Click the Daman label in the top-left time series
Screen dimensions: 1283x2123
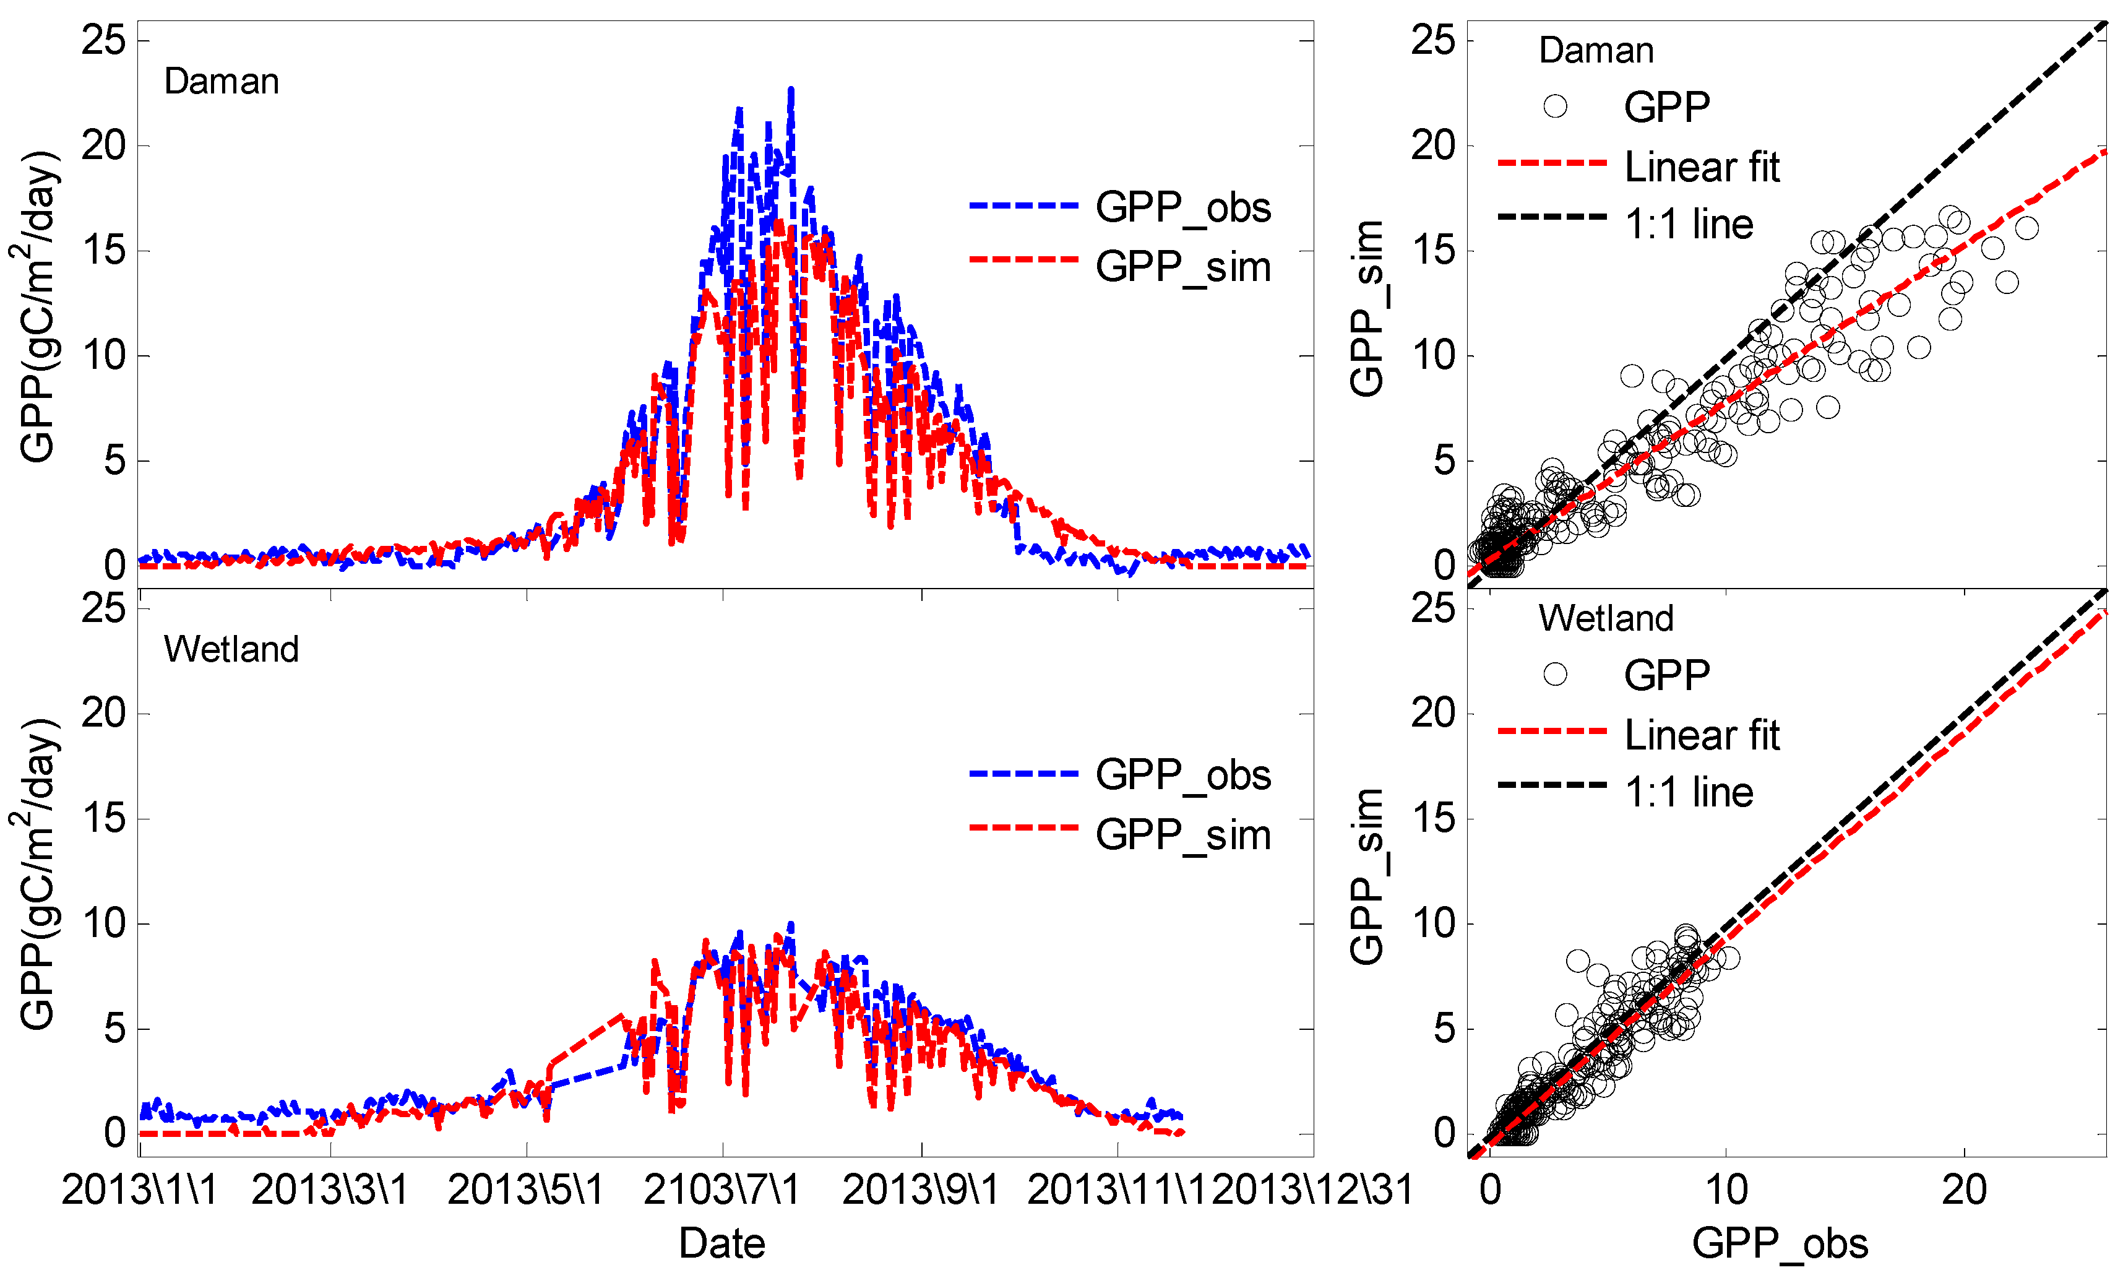pos(222,82)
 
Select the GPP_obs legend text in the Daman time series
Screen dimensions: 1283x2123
pos(1183,208)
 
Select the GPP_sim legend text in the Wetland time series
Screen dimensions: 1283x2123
pos(1183,835)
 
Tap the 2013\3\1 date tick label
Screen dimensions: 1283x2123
pos(329,1190)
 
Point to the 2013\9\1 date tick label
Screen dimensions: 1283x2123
pos(920,1190)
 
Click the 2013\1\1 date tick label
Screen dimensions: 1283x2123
pos(140,1190)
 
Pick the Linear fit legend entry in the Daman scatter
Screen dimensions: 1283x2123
pos(1701,167)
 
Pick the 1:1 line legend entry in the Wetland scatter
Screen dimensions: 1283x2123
pos(1688,792)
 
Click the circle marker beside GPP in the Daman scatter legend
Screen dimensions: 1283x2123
pos(1554,106)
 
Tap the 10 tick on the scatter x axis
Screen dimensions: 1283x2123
pos(1726,1190)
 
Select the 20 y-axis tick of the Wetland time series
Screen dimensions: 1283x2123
pos(103,714)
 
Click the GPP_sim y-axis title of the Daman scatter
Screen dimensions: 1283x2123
pos(1366,308)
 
